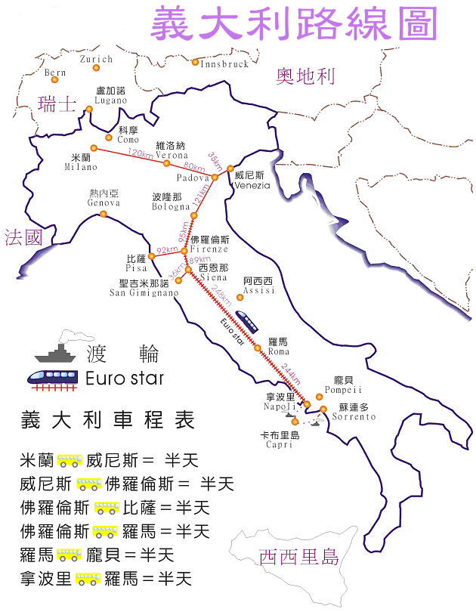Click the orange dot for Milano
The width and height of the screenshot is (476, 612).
[x=94, y=148]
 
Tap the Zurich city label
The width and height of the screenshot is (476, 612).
[x=96, y=59]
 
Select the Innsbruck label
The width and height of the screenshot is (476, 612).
[x=224, y=65]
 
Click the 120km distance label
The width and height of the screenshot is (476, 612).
[x=141, y=154]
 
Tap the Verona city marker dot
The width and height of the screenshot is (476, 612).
[x=166, y=162]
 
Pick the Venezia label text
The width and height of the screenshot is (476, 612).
[x=252, y=185]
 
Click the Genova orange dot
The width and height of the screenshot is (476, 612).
[x=104, y=214]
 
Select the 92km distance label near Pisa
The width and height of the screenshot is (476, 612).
[x=167, y=250]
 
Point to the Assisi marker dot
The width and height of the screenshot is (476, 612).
[x=240, y=297]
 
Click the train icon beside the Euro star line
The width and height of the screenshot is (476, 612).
[x=246, y=320]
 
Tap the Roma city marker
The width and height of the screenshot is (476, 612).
[x=258, y=348]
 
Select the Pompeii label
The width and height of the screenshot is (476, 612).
[x=344, y=390]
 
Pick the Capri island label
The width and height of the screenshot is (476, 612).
[x=279, y=446]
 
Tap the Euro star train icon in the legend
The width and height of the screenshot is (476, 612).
[x=55, y=378]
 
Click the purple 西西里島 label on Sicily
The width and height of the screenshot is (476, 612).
[x=298, y=558]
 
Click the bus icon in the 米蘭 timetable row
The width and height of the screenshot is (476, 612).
[x=70, y=460]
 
